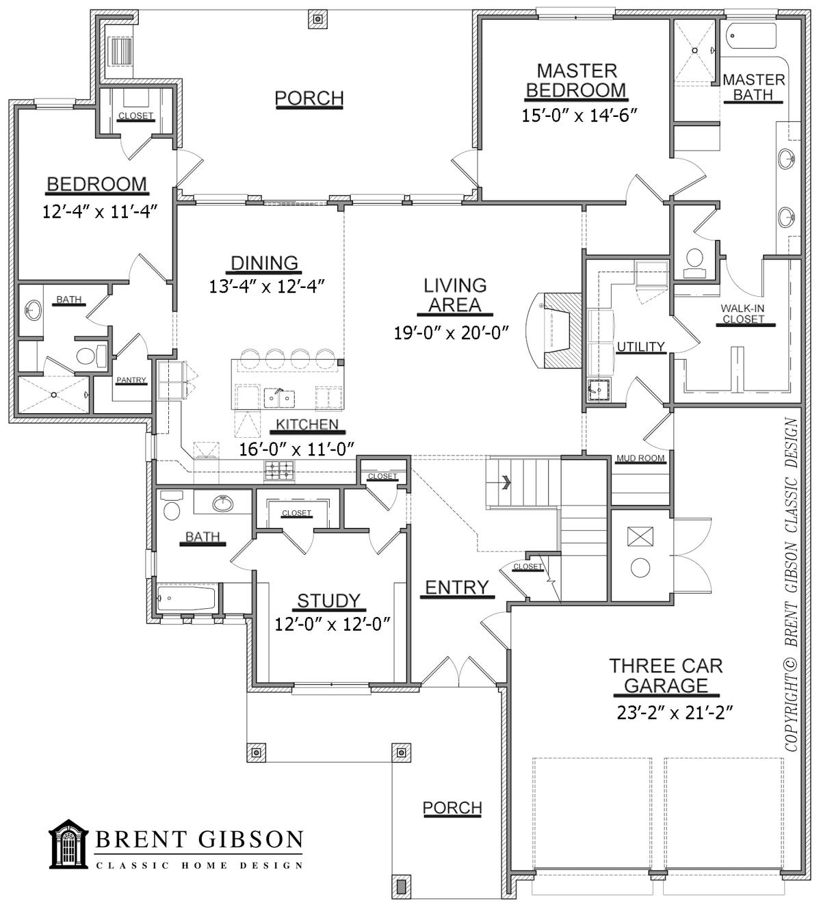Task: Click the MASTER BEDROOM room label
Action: (576, 80)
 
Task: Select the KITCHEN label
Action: (307, 425)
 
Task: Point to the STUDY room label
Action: (328, 601)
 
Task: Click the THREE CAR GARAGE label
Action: (666, 674)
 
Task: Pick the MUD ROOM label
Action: (640, 458)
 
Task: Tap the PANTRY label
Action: (131, 380)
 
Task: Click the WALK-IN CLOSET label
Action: (742, 313)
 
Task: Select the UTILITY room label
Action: (641, 347)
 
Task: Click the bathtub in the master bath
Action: (751, 38)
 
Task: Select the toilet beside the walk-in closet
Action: (694, 261)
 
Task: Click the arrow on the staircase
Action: (506, 482)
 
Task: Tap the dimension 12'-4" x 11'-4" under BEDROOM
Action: (96, 211)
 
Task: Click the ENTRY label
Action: (456, 587)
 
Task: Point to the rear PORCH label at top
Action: (309, 99)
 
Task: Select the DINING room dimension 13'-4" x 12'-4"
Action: (265, 285)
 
